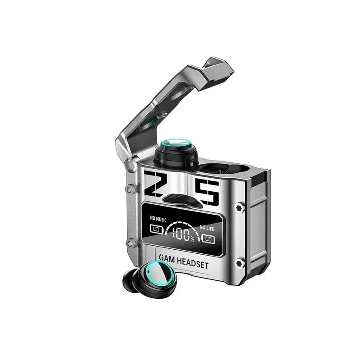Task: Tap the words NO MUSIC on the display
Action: pos(158,219)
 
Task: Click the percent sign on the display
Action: pos(193,239)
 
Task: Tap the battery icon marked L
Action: pos(157,229)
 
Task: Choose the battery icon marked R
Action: pos(208,239)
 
